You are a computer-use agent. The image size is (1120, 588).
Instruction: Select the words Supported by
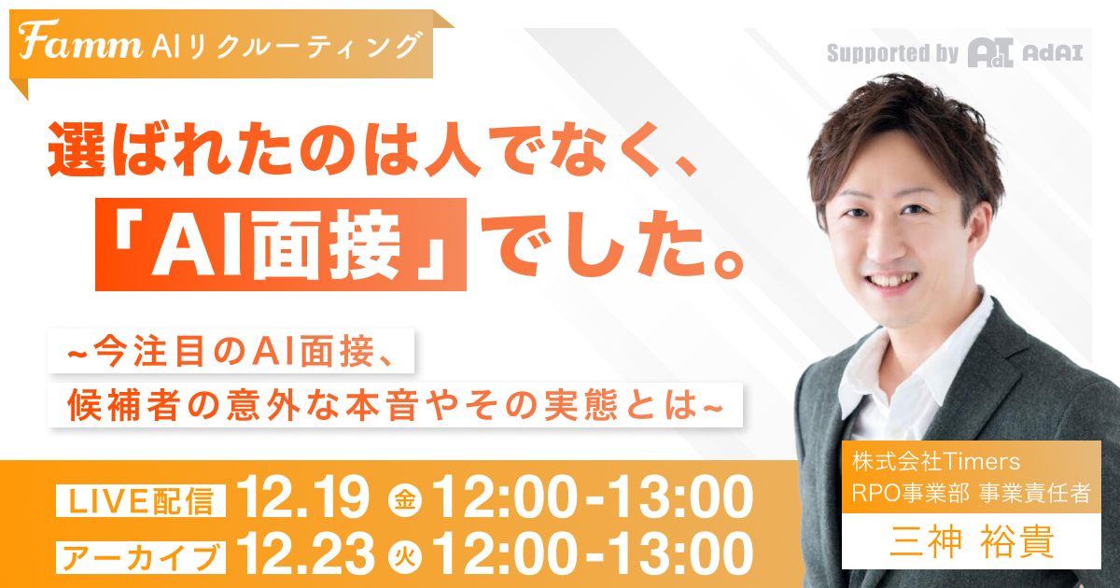pos(892,53)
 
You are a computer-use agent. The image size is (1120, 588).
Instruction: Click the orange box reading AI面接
pos(281,245)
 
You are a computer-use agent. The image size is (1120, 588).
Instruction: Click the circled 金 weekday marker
pos(405,501)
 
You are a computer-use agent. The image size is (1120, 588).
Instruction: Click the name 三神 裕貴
pos(971,543)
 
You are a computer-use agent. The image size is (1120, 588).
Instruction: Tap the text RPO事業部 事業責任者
pos(971,493)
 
